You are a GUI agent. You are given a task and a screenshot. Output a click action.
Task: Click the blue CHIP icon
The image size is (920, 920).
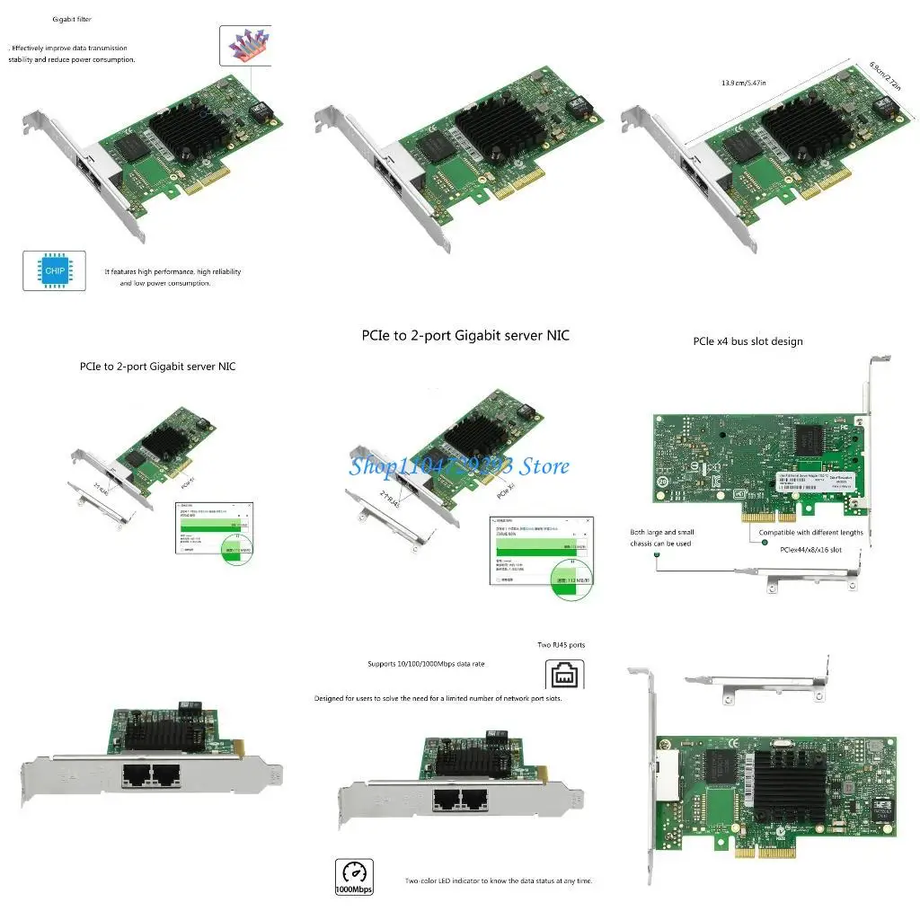pyautogui.click(x=54, y=270)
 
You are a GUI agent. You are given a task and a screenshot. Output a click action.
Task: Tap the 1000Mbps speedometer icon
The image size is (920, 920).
pyautogui.click(x=354, y=876)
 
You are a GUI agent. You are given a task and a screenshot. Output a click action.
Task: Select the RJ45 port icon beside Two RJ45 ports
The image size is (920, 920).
pyautogui.click(x=565, y=674)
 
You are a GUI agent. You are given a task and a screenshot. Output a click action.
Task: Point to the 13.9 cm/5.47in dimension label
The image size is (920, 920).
pyautogui.click(x=744, y=83)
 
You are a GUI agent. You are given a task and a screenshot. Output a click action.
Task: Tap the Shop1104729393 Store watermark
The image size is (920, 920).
pyautogui.click(x=459, y=465)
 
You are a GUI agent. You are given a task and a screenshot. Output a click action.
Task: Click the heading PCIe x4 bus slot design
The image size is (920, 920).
pyautogui.click(x=747, y=341)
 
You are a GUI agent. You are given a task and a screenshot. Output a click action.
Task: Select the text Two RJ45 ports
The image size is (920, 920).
pyautogui.click(x=562, y=645)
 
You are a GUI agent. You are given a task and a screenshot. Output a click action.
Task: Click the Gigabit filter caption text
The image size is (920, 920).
pyautogui.click(x=72, y=19)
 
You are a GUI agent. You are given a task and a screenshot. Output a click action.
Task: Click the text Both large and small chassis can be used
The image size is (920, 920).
pyautogui.click(x=661, y=537)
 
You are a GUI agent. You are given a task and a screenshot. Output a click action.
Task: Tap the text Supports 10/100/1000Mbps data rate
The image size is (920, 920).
pyautogui.click(x=426, y=664)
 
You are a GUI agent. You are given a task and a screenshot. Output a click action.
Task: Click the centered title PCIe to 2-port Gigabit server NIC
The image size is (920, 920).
pyautogui.click(x=465, y=335)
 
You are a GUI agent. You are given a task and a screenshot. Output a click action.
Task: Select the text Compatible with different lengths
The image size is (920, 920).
pyautogui.click(x=810, y=532)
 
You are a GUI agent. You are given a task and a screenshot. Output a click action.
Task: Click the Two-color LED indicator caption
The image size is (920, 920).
pyautogui.click(x=499, y=880)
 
